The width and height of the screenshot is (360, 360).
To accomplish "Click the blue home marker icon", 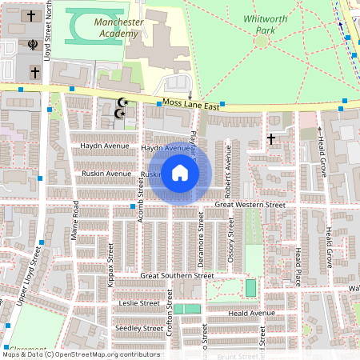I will click(180, 174).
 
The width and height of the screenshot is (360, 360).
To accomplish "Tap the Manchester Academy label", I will click(119, 28).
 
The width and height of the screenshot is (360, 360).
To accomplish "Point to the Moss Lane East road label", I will click(190, 104).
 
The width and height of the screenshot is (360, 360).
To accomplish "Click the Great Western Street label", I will click(250, 206).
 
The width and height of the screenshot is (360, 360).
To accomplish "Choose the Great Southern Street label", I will click(177, 275).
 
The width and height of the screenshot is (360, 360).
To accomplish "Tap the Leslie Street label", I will click(139, 304).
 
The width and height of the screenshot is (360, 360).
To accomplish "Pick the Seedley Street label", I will click(139, 328).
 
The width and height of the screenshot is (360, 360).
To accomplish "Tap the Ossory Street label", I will click(231, 240).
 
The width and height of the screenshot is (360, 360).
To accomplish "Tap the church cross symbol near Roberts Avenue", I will click(271, 139).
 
